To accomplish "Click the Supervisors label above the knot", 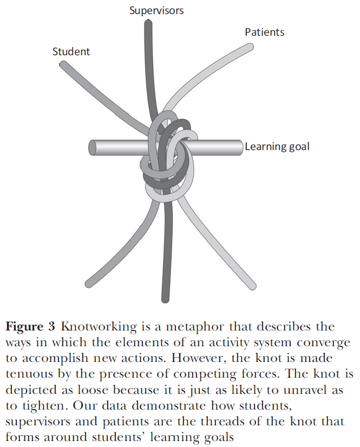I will [156, 10].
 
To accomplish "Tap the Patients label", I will [264, 32].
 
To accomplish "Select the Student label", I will [71, 52].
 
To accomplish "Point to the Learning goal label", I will [277, 146].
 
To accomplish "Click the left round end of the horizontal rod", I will [93, 147].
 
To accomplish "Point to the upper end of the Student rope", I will [63, 64].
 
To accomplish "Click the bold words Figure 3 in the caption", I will [30, 327].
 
